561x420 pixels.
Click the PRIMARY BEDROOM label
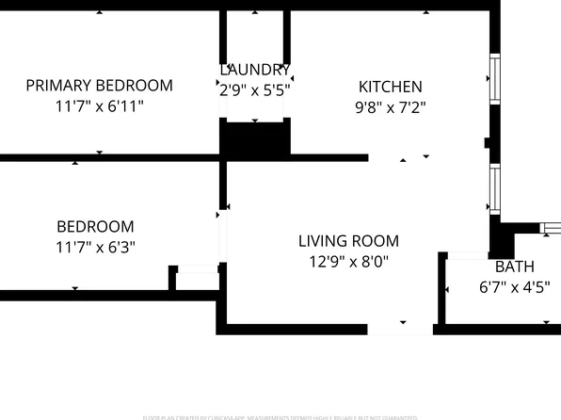tap(99, 86)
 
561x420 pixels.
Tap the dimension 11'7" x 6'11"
tap(99, 106)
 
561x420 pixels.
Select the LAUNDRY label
tap(254, 70)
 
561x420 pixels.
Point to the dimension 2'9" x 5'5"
tap(254, 90)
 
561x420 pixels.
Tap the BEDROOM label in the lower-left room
tap(95, 226)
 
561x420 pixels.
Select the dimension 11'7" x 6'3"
tap(95, 247)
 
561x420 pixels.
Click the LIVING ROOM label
tap(349, 241)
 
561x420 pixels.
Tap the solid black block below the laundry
tap(254, 139)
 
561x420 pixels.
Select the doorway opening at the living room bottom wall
tap(400, 329)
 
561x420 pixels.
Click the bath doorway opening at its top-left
tap(465, 255)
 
